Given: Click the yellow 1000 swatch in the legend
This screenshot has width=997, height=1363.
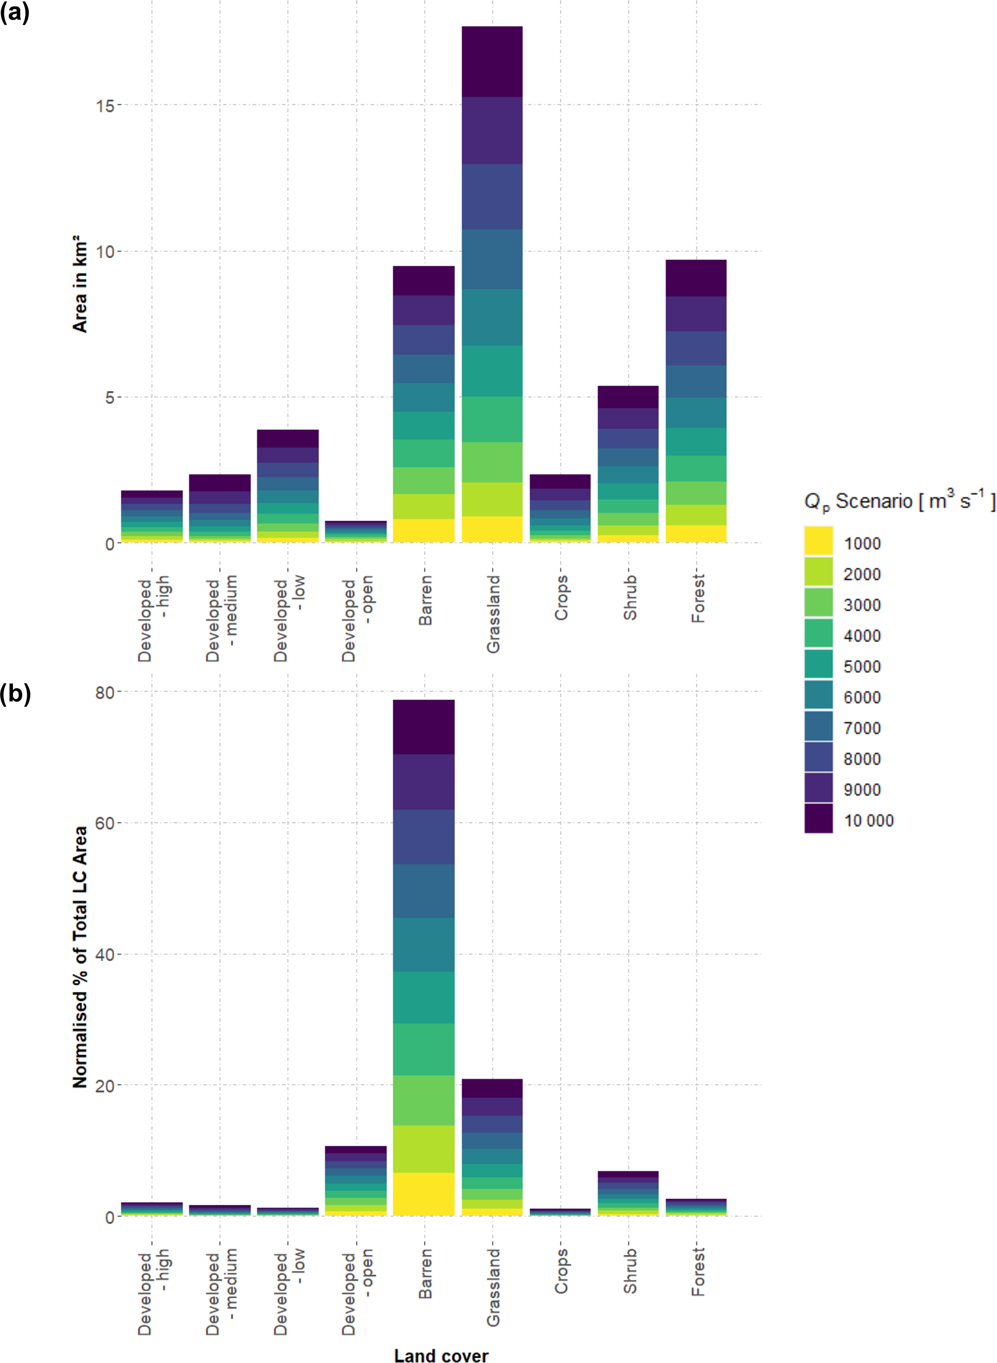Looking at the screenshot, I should (x=819, y=541).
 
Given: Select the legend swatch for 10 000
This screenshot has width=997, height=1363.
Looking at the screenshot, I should (x=819, y=818).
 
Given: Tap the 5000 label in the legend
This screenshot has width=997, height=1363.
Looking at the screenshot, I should (x=862, y=667).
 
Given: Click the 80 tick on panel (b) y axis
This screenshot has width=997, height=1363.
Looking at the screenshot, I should (x=104, y=693).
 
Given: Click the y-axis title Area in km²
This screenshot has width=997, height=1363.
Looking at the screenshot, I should (x=80, y=284).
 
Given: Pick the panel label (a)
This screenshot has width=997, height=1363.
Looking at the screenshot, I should (x=14, y=12).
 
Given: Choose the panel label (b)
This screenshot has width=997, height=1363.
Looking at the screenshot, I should (x=15, y=694).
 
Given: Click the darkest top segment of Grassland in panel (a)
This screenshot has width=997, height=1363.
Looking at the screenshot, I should (x=492, y=62).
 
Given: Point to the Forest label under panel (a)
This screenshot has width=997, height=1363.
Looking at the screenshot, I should (x=698, y=599).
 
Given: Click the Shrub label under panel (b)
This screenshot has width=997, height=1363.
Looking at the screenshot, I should (x=630, y=1271).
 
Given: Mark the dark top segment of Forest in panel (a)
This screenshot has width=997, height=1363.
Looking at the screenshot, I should (x=696, y=278).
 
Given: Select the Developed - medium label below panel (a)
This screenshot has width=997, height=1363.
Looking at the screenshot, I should (x=221, y=618).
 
